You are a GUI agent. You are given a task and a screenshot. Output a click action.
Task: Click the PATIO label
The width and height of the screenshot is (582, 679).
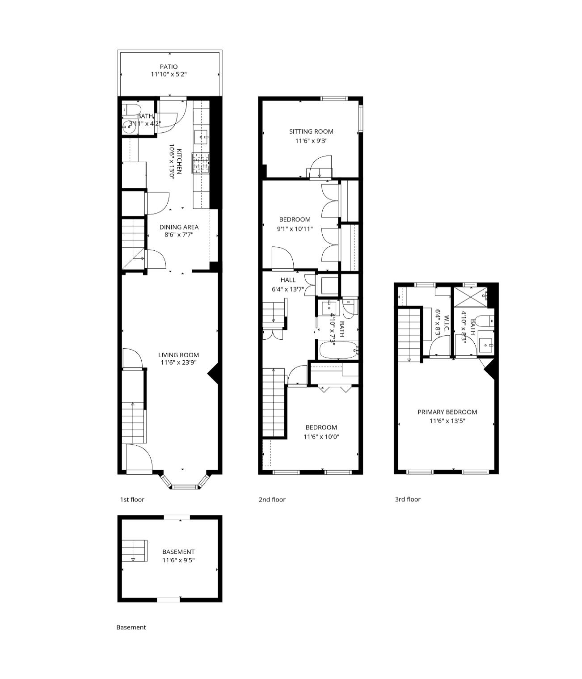pyautogui.click(x=169, y=67)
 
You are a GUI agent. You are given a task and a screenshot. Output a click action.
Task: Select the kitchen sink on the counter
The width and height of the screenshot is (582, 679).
pyautogui.click(x=201, y=137)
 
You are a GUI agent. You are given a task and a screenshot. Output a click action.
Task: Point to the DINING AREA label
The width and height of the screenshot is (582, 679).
pyautogui.click(x=179, y=227)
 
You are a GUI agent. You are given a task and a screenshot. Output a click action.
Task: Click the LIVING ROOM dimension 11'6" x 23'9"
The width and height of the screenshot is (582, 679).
pyautogui.click(x=178, y=363)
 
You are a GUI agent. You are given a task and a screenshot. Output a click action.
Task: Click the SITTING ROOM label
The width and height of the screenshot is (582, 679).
pyautogui.click(x=311, y=131)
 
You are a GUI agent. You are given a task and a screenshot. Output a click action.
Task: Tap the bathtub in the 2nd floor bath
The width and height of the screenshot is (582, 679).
pyautogui.click(x=338, y=350)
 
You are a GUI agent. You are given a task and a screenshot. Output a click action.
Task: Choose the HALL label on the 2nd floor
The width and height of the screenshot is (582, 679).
pyautogui.click(x=288, y=280)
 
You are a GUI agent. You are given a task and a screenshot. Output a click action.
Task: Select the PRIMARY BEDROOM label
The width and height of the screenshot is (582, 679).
pyautogui.click(x=447, y=412)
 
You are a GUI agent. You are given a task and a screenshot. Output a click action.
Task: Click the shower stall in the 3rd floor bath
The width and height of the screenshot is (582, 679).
pyautogui.click(x=470, y=297)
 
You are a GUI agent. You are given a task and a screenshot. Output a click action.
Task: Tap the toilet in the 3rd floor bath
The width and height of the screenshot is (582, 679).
pyautogui.click(x=485, y=321)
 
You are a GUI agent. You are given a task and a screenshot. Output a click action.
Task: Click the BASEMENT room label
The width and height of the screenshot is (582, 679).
pyautogui.click(x=178, y=552)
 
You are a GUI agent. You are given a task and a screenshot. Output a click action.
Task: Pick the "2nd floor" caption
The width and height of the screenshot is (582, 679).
pyautogui.click(x=272, y=500)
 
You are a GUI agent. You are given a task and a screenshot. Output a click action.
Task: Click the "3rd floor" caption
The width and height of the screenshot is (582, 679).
pyautogui.click(x=408, y=499)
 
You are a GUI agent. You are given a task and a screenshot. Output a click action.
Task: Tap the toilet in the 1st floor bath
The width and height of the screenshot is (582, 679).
pyautogui.click(x=132, y=109)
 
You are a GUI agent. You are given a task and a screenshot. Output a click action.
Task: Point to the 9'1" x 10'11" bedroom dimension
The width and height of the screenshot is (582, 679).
pyautogui.click(x=295, y=229)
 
